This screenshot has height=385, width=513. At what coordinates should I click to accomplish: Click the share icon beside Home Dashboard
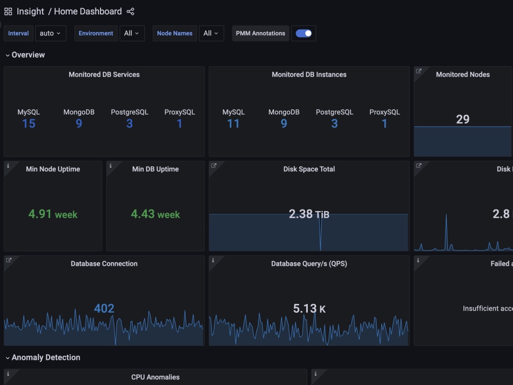click(x=130, y=11)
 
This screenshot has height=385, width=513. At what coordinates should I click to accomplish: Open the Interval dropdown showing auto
click(x=50, y=33)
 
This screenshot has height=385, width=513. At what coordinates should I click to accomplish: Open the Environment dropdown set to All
click(x=132, y=33)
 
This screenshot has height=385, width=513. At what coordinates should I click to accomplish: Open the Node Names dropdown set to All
click(x=211, y=33)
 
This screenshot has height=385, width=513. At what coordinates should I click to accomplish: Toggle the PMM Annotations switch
click(x=304, y=33)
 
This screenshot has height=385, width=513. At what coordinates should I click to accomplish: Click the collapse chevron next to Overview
click(x=8, y=55)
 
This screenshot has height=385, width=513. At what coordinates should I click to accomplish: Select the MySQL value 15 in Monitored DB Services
click(x=29, y=124)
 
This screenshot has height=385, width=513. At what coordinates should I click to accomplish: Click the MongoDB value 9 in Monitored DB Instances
click(x=284, y=124)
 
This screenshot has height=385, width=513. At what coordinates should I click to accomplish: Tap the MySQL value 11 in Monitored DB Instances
click(x=233, y=124)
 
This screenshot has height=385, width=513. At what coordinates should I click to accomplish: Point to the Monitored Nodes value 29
click(x=463, y=119)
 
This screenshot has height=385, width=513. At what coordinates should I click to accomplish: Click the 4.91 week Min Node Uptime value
click(x=53, y=214)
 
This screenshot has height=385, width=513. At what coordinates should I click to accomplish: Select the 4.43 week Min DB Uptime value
click(x=155, y=214)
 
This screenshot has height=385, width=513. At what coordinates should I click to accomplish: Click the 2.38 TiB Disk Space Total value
click(x=309, y=214)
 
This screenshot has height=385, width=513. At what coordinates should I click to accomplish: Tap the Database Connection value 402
click(x=104, y=309)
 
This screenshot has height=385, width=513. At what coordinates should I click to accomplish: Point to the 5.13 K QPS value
click(x=309, y=309)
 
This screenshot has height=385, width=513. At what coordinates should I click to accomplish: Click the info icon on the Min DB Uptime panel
click(x=111, y=166)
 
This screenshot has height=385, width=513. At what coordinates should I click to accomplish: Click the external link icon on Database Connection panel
click(x=9, y=260)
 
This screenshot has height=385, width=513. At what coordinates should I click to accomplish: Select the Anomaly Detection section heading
click(x=46, y=357)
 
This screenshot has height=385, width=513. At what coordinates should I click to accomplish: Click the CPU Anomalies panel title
click(x=155, y=377)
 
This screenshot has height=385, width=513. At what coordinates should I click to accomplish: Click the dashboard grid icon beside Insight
click(x=8, y=12)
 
